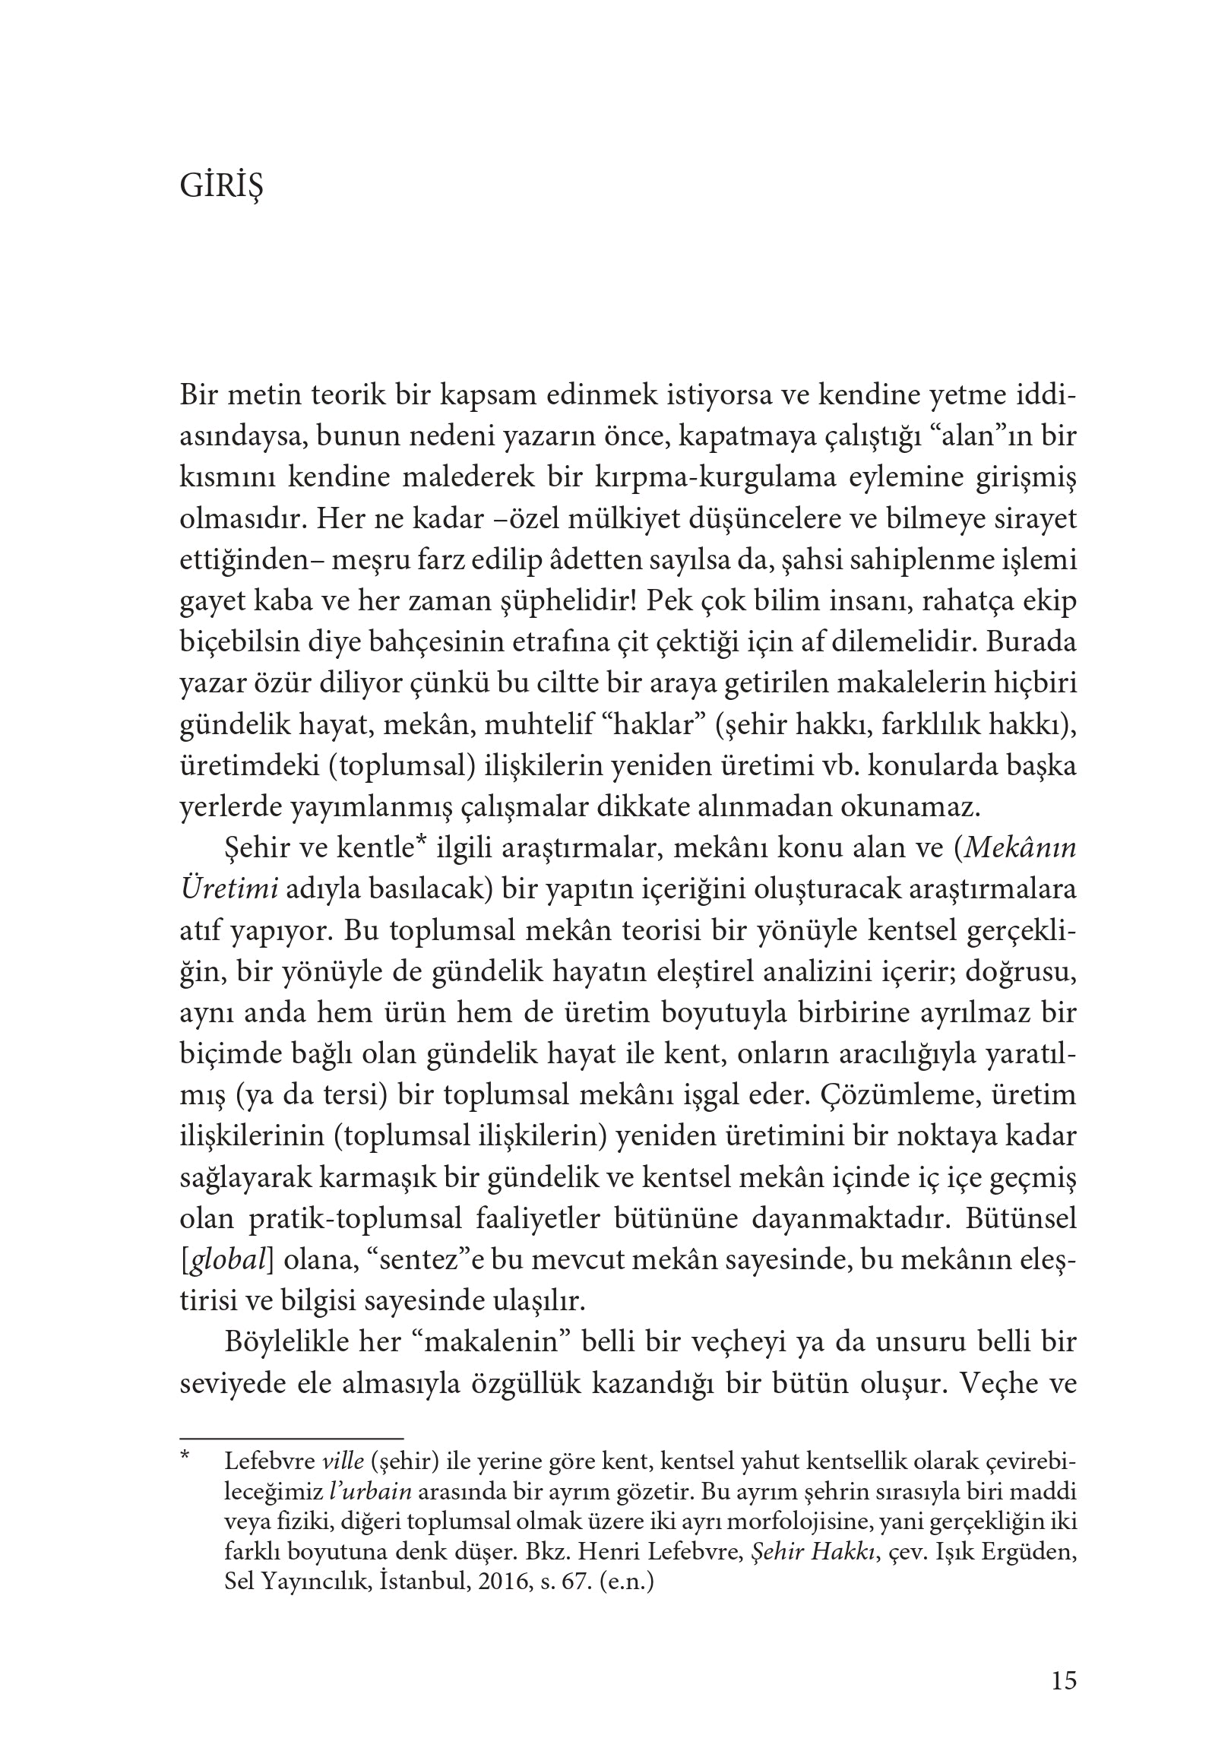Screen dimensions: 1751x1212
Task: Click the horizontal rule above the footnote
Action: (291, 1439)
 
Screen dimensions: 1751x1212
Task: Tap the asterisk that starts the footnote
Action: (185, 1460)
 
